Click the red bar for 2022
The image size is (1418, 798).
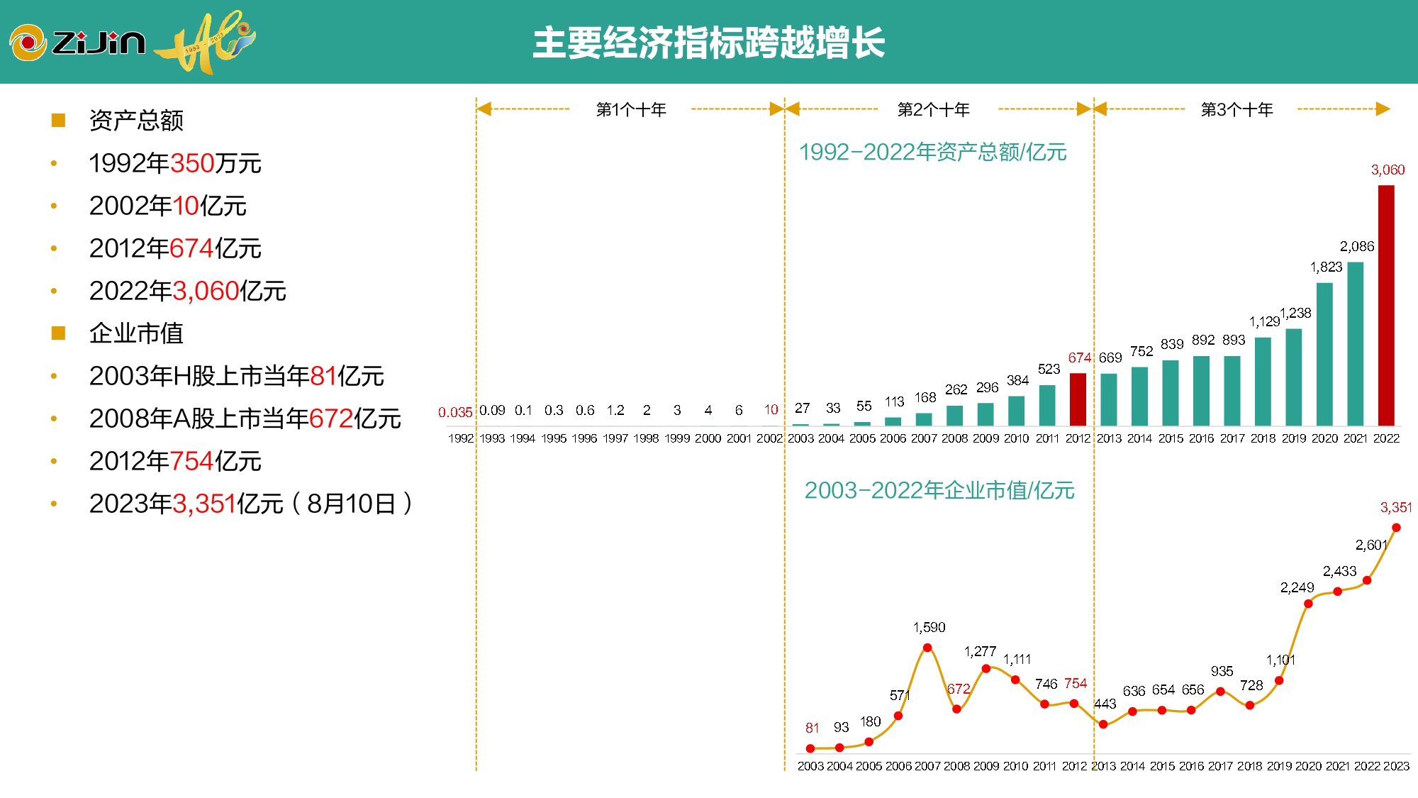click(1385, 305)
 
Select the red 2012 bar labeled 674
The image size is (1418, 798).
click(1078, 399)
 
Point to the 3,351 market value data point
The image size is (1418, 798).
click(1396, 528)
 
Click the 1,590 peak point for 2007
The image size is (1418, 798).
click(927, 648)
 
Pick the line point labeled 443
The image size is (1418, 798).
click(1103, 724)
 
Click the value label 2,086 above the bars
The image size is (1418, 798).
click(1356, 247)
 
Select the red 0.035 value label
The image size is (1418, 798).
click(454, 412)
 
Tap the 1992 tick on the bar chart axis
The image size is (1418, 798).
click(460, 438)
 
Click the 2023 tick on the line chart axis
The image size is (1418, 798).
click(1396, 766)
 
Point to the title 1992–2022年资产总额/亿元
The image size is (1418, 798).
click(932, 152)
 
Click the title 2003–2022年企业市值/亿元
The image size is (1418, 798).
click(939, 490)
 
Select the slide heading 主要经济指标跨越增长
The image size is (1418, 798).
click(708, 43)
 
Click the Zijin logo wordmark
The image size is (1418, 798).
click(99, 43)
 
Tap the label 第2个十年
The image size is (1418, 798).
click(933, 109)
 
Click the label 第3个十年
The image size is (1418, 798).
click(1236, 109)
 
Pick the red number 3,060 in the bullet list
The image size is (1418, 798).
click(206, 291)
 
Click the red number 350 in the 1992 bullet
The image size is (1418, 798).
click(192, 163)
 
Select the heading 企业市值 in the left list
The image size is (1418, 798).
click(136, 333)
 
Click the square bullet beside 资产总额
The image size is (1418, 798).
click(58, 121)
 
